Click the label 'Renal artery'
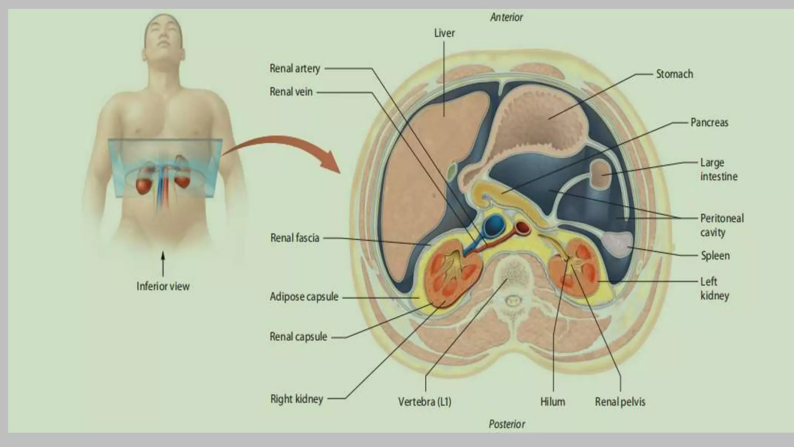(295, 69)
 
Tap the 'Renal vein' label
(291, 92)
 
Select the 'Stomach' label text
(674, 74)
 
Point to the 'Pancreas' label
(709, 123)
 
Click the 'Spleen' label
(715, 256)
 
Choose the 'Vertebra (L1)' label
(425, 402)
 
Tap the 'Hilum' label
(552, 402)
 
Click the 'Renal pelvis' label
(620, 402)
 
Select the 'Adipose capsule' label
(304, 297)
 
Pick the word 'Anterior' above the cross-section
(506, 17)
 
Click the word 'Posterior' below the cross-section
(507, 424)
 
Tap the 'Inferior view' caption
(163, 286)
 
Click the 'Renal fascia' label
(295, 238)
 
